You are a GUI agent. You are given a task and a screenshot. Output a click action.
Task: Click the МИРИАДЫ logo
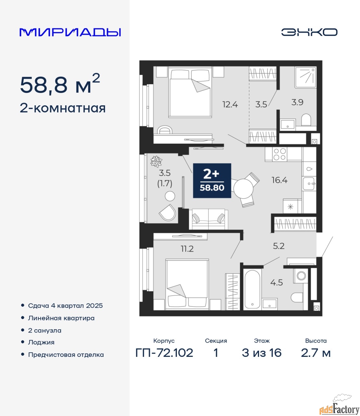[70, 32]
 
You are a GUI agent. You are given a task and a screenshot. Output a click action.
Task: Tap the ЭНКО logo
[309, 32]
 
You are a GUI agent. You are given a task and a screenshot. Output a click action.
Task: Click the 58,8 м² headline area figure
[60, 84]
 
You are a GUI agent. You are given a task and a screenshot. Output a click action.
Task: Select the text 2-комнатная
[63, 109]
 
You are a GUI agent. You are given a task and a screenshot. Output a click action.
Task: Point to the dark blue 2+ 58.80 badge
[212, 181]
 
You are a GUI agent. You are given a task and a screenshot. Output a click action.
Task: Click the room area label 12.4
[230, 105]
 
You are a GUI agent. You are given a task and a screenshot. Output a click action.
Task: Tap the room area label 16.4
[279, 180]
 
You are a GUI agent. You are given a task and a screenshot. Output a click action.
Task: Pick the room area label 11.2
[187, 249]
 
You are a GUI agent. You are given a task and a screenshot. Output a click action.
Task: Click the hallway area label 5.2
[279, 246]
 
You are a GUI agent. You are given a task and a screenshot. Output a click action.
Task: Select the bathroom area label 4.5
[277, 283]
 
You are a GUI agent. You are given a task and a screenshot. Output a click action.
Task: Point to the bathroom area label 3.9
[297, 102]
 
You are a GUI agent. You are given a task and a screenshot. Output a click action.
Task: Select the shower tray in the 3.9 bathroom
[305, 77]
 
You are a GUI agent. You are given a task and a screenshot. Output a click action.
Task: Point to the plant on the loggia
[156, 161]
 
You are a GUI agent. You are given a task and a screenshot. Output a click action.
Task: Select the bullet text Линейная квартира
[61, 318]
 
